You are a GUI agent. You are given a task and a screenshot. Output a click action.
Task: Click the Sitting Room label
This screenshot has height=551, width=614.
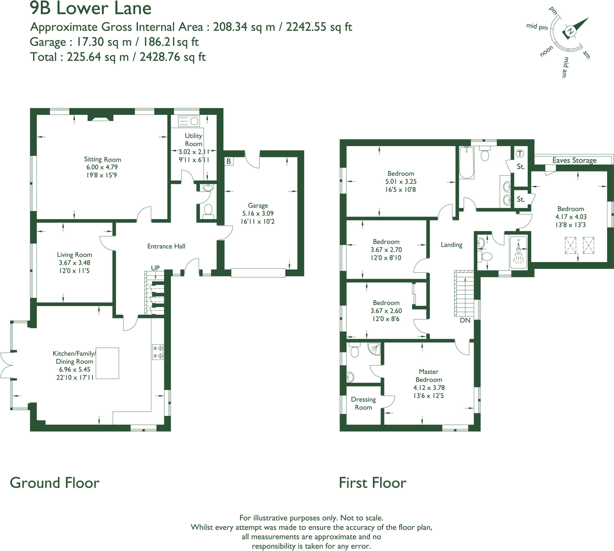click(x=102, y=159)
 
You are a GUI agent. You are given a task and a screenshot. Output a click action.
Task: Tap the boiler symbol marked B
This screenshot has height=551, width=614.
click(x=229, y=161)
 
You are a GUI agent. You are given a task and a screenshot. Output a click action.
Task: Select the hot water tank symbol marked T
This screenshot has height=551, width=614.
click(x=520, y=154)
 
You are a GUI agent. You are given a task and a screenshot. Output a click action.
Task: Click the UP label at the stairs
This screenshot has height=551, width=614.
click(x=155, y=268)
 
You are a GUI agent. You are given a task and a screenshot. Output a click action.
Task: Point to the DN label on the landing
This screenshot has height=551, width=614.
click(x=465, y=320)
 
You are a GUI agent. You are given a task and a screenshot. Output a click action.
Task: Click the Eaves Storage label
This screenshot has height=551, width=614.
click(x=574, y=160)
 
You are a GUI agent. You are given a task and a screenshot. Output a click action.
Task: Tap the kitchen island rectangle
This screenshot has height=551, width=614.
click(x=107, y=363)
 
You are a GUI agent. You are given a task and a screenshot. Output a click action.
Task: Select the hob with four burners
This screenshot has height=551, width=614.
click(x=158, y=352)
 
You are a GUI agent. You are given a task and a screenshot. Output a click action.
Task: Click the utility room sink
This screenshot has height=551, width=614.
click(x=189, y=121)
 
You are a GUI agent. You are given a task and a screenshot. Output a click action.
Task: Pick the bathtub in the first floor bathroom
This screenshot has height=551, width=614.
click(x=466, y=163)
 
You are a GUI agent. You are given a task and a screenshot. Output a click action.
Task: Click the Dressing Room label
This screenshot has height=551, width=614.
click(x=363, y=403)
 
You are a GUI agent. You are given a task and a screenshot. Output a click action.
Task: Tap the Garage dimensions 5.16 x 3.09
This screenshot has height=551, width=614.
click(x=258, y=213)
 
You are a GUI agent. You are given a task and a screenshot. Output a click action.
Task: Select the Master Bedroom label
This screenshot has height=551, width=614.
click(x=428, y=375)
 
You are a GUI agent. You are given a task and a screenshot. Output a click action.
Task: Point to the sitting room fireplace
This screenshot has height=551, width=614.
click(x=100, y=118)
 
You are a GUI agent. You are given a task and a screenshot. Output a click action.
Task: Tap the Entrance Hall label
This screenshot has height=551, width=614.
click(x=166, y=246)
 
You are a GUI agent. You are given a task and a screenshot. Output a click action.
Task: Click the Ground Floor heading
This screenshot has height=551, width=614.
click(x=55, y=483)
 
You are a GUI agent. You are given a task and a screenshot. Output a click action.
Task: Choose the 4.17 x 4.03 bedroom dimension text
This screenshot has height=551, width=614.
click(x=571, y=217)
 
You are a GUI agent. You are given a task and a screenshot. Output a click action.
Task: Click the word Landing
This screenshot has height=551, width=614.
click(x=451, y=245)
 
